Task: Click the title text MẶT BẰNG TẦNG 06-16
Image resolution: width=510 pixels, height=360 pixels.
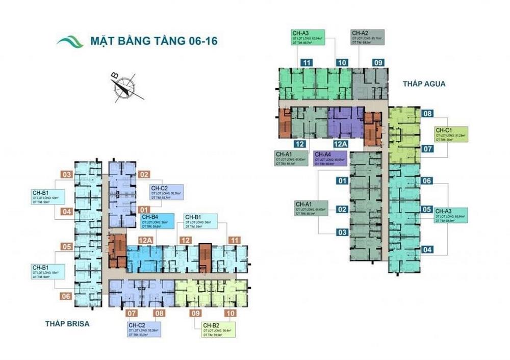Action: point(154,41)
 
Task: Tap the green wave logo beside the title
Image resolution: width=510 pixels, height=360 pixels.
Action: point(70,41)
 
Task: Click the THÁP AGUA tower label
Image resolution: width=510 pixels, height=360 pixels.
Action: point(419,83)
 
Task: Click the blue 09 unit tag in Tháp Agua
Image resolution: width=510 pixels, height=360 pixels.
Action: point(378,63)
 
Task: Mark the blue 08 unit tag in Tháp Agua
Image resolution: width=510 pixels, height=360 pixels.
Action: point(427,114)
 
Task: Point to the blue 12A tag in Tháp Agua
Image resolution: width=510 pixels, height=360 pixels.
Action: point(341,144)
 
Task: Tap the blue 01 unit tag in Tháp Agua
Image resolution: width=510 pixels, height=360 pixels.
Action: point(342,181)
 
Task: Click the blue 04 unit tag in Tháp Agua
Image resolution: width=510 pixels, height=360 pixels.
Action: point(427,250)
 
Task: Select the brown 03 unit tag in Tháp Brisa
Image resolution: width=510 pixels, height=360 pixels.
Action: point(67,175)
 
